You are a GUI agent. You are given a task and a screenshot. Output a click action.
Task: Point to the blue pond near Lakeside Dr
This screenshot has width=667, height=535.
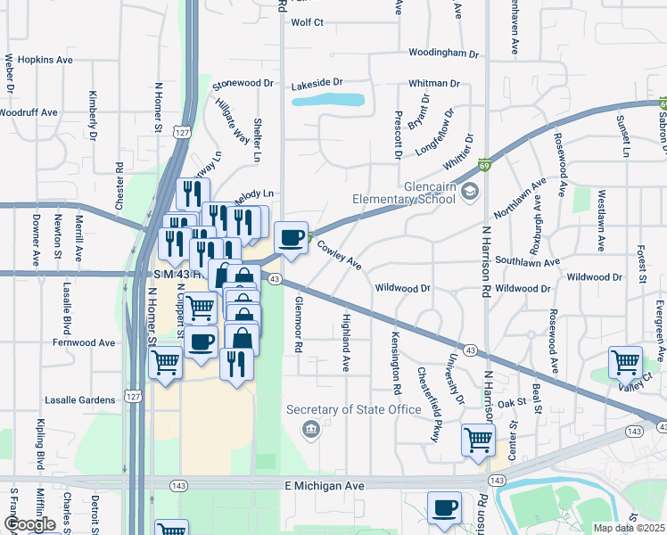[x=328, y=100]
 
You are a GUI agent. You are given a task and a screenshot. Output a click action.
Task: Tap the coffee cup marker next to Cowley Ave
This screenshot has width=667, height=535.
[x=292, y=237]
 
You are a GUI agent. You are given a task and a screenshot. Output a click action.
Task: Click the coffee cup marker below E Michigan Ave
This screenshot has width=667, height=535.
[x=444, y=507]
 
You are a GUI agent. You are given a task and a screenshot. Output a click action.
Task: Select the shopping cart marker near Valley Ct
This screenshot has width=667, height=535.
[x=625, y=362]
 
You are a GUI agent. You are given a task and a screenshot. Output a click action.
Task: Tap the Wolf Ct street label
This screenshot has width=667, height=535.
[x=307, y=22]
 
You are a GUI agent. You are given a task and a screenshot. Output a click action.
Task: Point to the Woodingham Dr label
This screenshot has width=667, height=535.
[x=443, y=53]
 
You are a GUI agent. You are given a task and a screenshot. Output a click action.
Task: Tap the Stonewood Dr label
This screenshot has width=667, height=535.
[x=242, y=84]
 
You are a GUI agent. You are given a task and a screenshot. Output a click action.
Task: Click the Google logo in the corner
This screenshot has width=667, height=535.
[x=29, y=524]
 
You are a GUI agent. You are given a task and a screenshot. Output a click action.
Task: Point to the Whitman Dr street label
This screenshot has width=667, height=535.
[x=433, y=83]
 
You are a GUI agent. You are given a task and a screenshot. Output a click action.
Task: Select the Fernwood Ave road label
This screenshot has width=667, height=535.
[x=84, y=342]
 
